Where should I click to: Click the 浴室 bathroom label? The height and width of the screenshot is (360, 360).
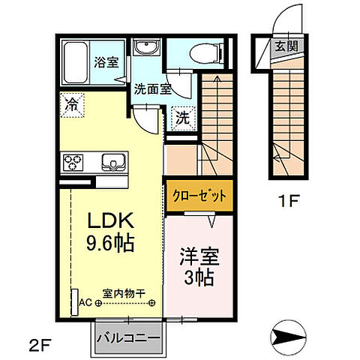(x=106, y=62)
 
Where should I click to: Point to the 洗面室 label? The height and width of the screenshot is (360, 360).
(x=152, y=88)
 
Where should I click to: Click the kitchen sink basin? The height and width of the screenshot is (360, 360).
(x=111, y=162)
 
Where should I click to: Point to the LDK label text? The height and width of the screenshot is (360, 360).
(x=112, y=223)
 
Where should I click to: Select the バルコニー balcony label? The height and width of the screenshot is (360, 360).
(x=127, y=336)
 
